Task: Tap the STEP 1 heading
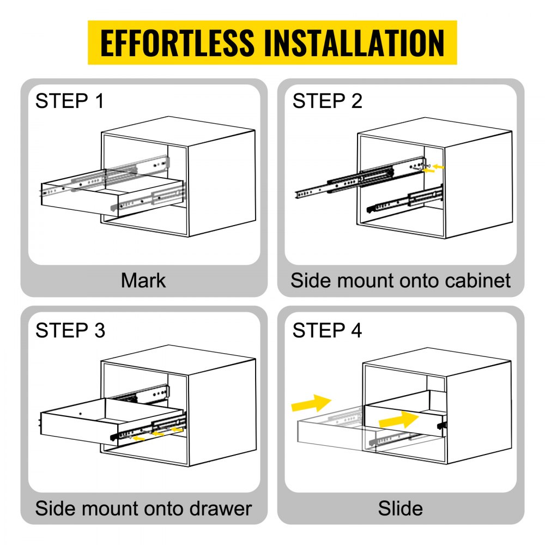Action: coord(69,101)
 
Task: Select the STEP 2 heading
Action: coord(327,101)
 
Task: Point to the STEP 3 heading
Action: coord(70,330)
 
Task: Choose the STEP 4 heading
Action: coord(327,330)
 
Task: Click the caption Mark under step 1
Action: coord(143,281)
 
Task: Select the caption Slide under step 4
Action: coord(401,508)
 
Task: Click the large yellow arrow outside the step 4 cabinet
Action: coord(311,404)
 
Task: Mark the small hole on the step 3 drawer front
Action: coord(80,415)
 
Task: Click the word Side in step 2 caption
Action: coord(309,281)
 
